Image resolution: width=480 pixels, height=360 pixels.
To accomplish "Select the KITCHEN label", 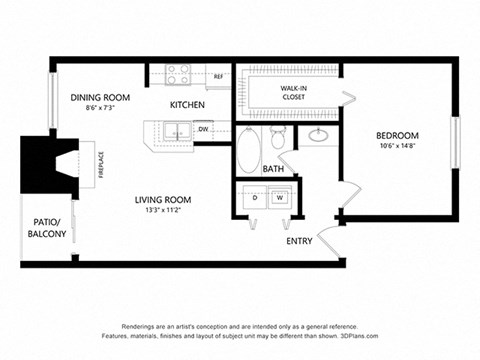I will click(187, 104).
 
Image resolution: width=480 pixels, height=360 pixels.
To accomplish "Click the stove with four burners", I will click(179, 74).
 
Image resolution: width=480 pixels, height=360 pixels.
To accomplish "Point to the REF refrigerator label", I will click(218, 76).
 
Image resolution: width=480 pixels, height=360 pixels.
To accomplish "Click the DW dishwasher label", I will click(203, 129).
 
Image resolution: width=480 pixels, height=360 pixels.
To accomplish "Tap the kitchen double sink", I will click(172, 131).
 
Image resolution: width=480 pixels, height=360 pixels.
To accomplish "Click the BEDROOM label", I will click(397, 135).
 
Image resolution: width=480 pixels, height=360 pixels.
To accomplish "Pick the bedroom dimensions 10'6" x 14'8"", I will click(397, 146).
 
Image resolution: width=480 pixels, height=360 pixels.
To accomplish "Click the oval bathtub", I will click(249, 151).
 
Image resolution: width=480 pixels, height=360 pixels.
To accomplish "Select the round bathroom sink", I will click(320, 136).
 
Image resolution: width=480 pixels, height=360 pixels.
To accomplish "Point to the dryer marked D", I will click(255, 198).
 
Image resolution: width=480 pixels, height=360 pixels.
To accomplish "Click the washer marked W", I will click(280, 198).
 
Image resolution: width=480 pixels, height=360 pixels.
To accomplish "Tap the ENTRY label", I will click(300, 241).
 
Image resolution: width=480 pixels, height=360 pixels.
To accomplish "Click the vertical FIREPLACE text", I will click(101, 166).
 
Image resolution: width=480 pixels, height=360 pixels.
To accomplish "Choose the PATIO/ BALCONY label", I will click(47, 227).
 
